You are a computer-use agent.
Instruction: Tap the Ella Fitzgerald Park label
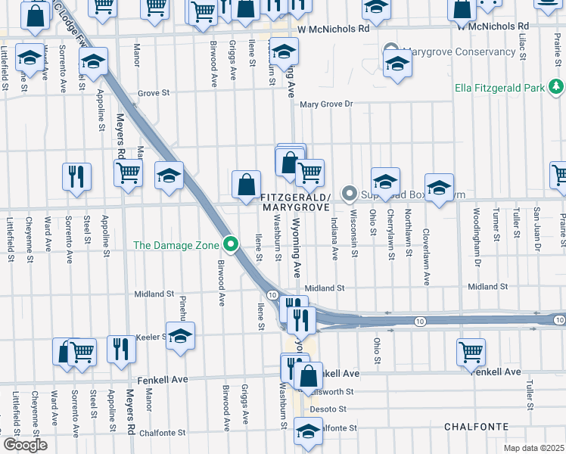(x=499, y=88)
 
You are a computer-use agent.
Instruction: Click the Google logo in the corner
(x=25, y=445)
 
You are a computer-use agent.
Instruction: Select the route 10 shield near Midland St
(x=272, y=294)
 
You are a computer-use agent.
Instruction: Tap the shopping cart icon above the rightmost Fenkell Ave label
(x=471, y=350)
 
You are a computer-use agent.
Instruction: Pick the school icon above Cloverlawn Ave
(x=439, y=188)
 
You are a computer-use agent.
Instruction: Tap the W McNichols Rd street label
(x=333, y=28)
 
